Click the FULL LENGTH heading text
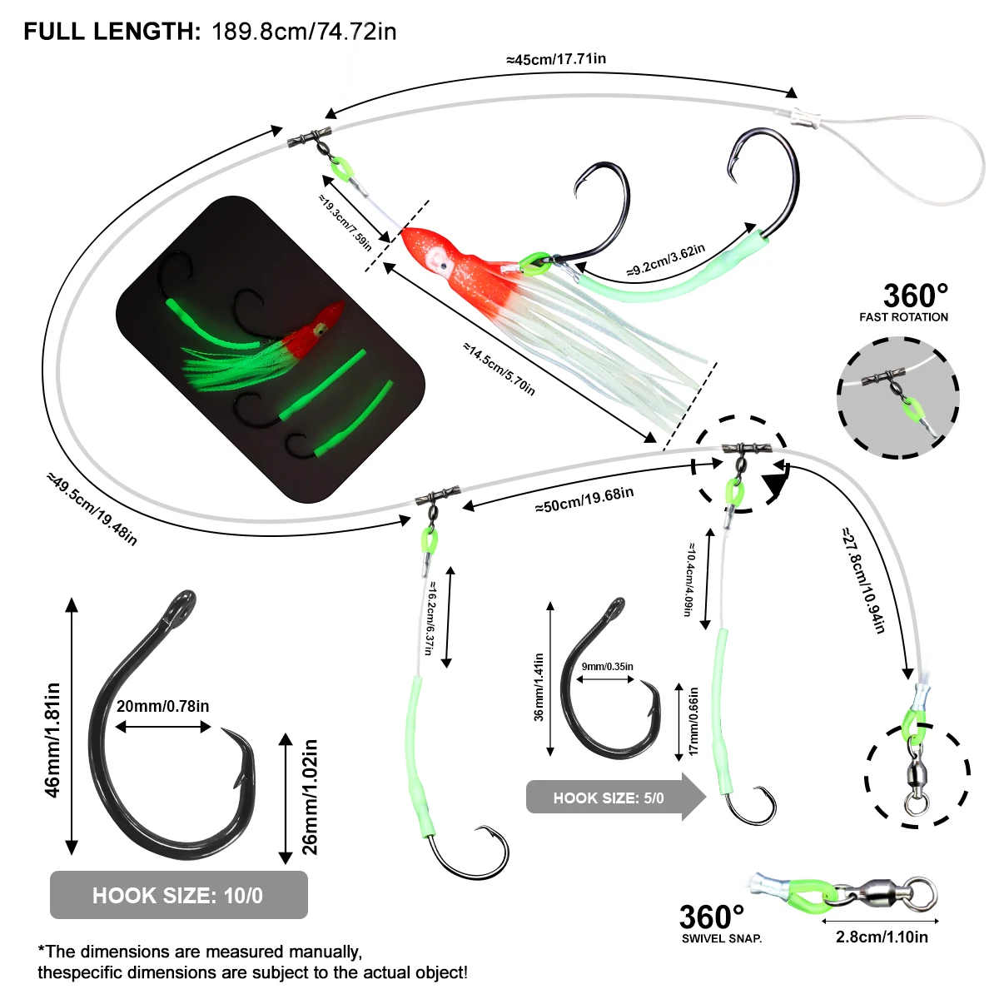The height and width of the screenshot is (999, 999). tap(112, 32)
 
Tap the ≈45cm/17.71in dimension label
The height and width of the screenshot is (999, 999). tap(555, 59)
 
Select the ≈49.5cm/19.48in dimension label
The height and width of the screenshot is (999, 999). tap(92, 509)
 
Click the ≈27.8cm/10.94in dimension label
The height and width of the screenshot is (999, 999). tap(862, 579)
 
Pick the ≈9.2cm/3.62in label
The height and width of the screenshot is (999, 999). tap(666, 260)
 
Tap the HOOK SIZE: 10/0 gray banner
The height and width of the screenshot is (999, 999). tap(178, 895)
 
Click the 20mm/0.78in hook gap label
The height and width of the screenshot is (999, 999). tap(162, 706)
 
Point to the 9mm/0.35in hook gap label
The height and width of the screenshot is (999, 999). tap(607, 666)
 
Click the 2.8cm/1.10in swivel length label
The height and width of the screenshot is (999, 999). tap(882, 937)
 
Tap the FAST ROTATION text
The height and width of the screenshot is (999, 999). tap(903, 317)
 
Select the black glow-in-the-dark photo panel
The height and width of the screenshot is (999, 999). tap(271, 350)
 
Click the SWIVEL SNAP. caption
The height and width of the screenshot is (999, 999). tap(721, 938)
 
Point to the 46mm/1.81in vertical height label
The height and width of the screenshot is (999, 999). tap(52, 740)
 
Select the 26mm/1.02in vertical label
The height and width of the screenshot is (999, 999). tap(310, 797)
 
